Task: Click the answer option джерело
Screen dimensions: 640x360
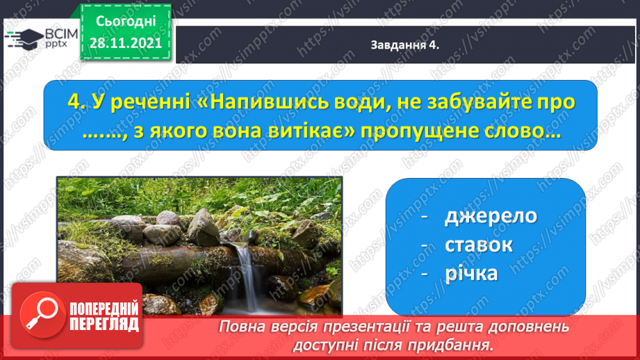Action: pyautogui.click(x=490, y=216)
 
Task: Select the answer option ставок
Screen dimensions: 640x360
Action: pyautogui.click(x=478, y=245)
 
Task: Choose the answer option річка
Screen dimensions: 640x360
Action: pyautogui.click(x=471, y=273)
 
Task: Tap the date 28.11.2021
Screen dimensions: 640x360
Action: pyautogui.click(x=126, y=43)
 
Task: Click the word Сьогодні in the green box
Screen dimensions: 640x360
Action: pyautogui.click(x=126, y=21)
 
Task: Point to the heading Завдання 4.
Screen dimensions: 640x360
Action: pyautogui.click(x=404, y=45)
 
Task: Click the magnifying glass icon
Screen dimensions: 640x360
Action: pyautogui.click(x=42, y=315)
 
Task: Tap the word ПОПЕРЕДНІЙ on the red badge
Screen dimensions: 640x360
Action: pyautogui.click(x=104, y=308)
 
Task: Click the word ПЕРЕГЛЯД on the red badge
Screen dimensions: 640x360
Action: pyautogui.click(x=104, y=325)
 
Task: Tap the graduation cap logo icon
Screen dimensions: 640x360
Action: pyautogui.click(x=24, y=39)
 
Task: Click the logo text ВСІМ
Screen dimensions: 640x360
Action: pyautogui.click(x=61, y=33)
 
